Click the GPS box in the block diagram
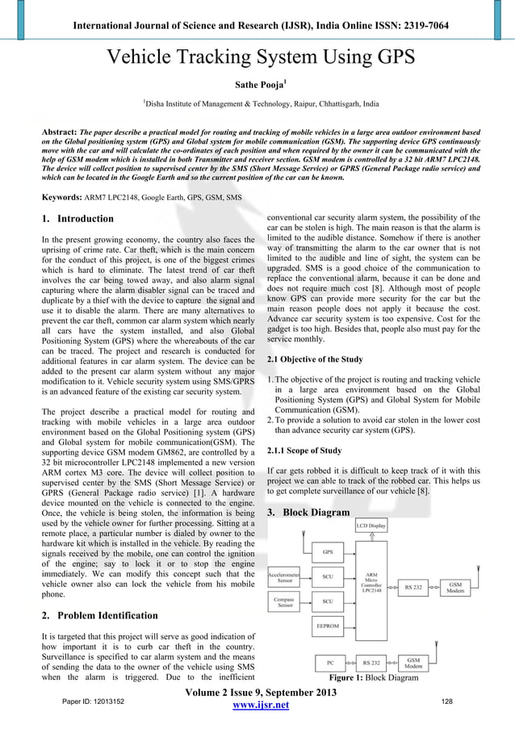[328, 552]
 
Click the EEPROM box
[328, 625]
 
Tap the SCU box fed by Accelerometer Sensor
[328, 576]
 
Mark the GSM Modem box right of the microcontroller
[456, 587]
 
